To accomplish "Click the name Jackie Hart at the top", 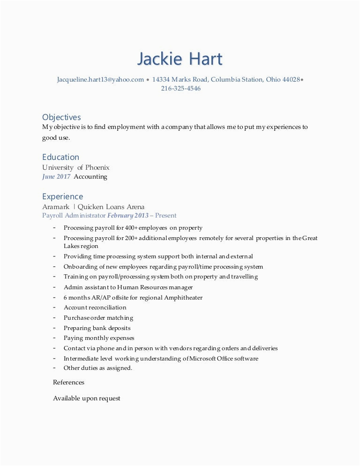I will click(x=180, y=59).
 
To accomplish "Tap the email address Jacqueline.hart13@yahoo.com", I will click(x=100, y=80).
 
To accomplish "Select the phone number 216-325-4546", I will click(x=180, y=89).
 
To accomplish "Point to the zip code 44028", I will click(x=291, y=80).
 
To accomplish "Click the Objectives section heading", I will click(x=61, y=117).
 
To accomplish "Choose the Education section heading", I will click(x=60, y=157).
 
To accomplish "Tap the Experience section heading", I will click(x=62, y=196).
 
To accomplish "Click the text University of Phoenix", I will click(x=76, y=167).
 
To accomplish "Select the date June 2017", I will click(x=56, y=177).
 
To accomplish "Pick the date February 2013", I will click(x=128, y=216).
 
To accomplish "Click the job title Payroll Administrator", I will click(x=74, y=216).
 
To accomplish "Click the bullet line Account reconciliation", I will click(x=95, y=308).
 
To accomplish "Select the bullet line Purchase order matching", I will click(x=98, y=318).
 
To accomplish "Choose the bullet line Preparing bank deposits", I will click(x=97, y=328).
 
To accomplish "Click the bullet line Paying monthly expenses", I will click(x=99, y=338).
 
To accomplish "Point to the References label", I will click(x=68, y=383).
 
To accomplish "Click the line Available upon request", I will click(x=87, y=398).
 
